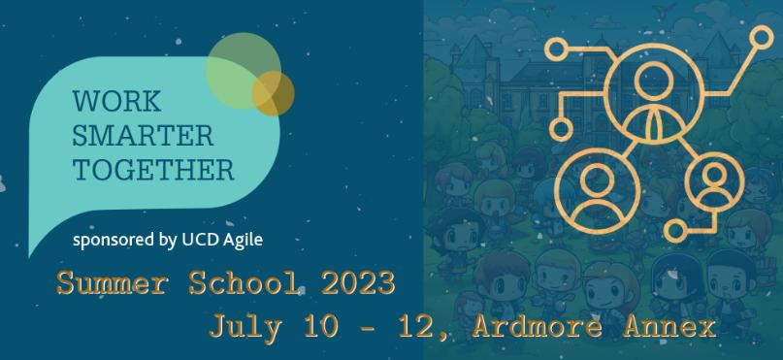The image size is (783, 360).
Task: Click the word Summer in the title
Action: pos(102,285)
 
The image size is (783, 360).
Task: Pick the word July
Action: pos(242,326)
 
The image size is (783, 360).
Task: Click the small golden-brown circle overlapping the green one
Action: pos(273,93)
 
